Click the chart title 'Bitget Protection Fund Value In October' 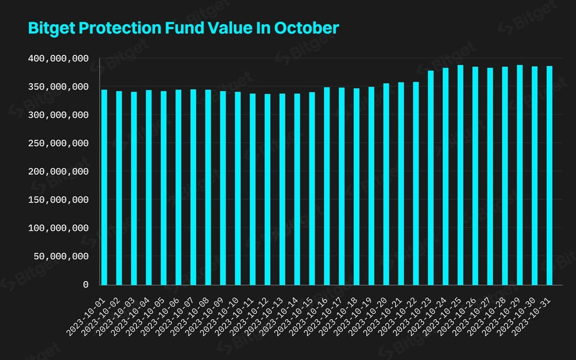(183, 28)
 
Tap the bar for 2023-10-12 (268, 189)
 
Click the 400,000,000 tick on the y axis (58, 58)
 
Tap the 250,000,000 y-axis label (58, 144)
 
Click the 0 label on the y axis (85, 285)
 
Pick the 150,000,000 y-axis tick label (58, 200)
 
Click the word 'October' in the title (307, 28)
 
